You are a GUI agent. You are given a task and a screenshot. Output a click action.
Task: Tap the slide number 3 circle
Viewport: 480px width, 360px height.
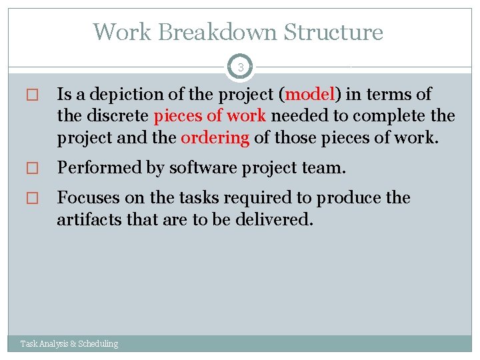pyautogui.click(x=240, y=67)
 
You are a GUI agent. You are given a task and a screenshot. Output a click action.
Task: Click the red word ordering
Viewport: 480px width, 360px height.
pyautogui.click(x=215, y=137)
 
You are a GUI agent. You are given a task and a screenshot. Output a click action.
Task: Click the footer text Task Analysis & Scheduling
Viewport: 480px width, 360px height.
pyautogui.click(x=69, y=344)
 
